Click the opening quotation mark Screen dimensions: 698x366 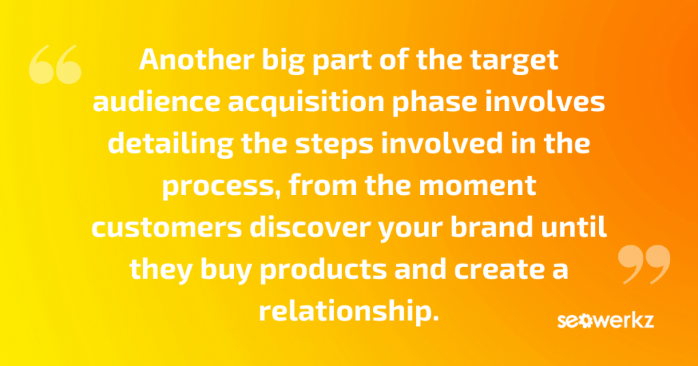click(55, 64)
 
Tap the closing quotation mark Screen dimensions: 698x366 click(644, 264)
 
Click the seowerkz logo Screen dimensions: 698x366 click(605, 320)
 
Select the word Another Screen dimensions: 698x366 click(196, 59)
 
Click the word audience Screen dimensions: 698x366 click(156, 102)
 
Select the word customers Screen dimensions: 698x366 click(166, 228)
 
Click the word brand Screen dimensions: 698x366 click(491, 226)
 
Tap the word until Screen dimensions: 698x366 click(573, 226)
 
